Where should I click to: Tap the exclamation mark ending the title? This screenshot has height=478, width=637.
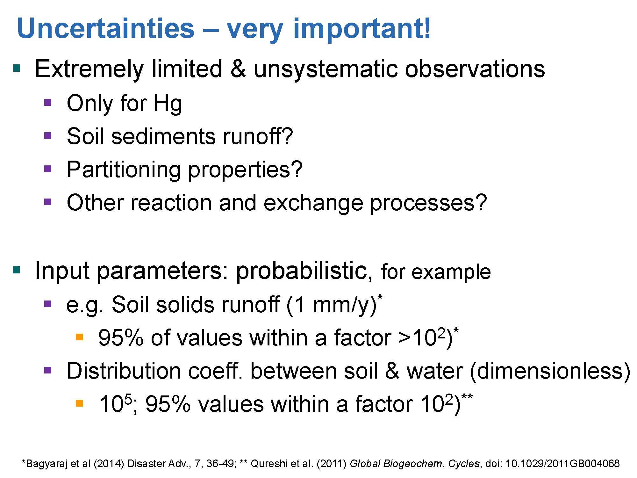click(427, 28)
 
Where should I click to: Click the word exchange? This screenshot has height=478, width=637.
click(313, 203)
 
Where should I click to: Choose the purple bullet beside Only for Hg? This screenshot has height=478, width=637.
click(47, 102)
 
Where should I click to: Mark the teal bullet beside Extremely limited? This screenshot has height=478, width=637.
click(16, 68)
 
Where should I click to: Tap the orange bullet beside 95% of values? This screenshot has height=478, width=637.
click(79, 337)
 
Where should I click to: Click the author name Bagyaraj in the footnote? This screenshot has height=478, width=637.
click(47, 464)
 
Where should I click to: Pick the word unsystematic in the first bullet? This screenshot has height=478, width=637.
click(326, 69)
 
